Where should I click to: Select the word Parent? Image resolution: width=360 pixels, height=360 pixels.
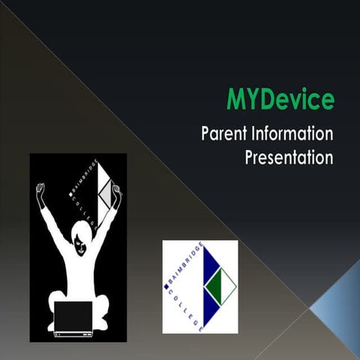click(x=224, y=135)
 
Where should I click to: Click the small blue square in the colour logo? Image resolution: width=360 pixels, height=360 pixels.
click(x=167, y=286)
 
